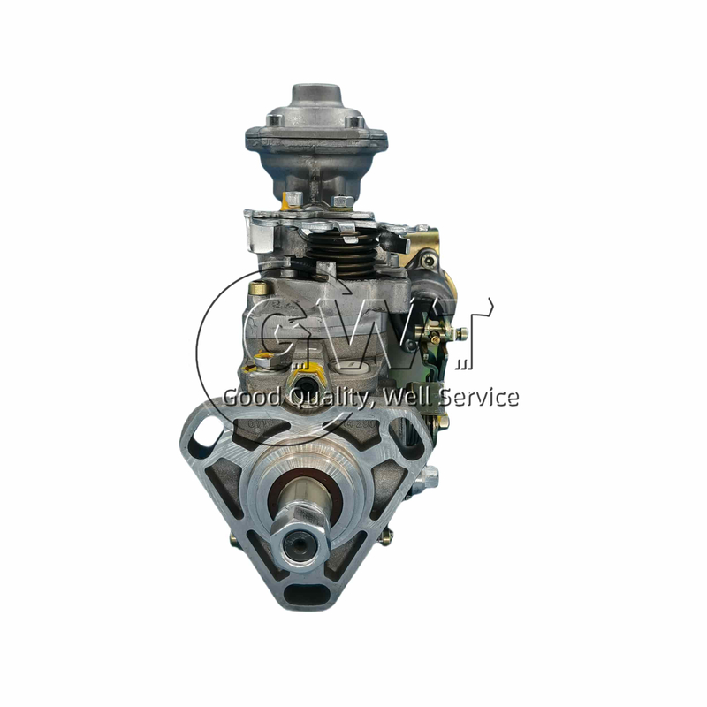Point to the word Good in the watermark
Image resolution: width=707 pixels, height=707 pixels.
[250, 398]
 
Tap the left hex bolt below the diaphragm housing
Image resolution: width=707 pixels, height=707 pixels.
[293, 198]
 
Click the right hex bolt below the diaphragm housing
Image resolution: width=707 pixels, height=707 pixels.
[342, 201]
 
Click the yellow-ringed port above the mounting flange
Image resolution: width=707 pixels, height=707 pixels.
[264, 361]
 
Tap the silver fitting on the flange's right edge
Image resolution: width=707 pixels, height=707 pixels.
[430, 478]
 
